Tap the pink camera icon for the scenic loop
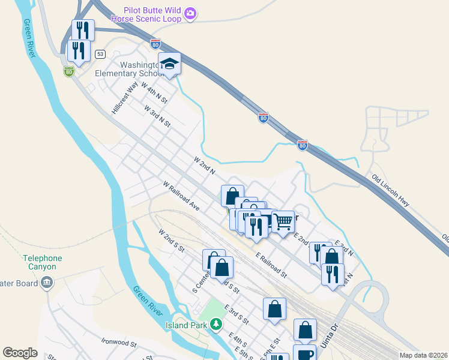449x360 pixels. point(190,13)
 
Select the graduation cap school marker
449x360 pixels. point(170,64)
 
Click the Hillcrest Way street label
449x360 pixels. point(125,98)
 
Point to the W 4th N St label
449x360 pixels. point(153,92)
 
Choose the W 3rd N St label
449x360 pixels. point(157,116)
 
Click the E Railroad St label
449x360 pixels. point(271,265)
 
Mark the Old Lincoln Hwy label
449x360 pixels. point(390,191)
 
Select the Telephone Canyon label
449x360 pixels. point(43,262)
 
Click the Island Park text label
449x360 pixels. point(186,325)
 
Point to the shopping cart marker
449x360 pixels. point(283,221)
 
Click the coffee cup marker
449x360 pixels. point(304,353)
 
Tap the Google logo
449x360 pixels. point(20,353)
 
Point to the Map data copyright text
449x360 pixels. point(423,355)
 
